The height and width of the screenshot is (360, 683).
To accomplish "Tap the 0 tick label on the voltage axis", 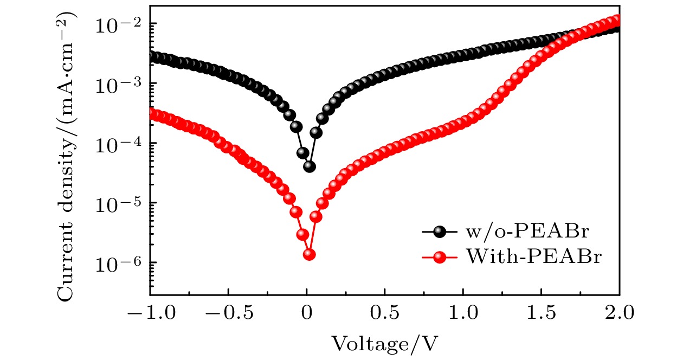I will click(307, 313).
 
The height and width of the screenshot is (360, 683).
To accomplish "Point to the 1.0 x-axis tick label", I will click(463, 313).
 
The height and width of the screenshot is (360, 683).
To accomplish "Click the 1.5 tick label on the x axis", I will click(542, 313).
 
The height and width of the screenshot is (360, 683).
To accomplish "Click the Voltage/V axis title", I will click(384, 343).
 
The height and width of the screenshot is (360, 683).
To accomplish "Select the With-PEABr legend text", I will click(533, 257).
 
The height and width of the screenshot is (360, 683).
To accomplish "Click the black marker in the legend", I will click(440, 232).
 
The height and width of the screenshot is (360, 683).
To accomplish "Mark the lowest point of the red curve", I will click(310, 254).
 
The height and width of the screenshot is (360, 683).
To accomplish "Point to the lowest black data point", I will click(310, 166).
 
